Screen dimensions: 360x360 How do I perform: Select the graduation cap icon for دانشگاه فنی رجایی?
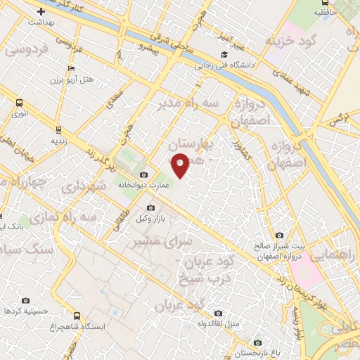click(224, 54)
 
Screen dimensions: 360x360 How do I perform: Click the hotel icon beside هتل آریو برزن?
click(70, 68)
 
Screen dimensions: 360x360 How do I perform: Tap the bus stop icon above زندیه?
click(58, 129)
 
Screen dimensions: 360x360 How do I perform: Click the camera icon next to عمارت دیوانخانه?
click(144, 174)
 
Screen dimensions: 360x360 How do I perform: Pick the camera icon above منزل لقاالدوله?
click(218, 313)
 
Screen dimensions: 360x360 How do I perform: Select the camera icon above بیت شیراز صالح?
click(280, 236)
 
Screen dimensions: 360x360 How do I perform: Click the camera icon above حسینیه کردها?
click(26, 300)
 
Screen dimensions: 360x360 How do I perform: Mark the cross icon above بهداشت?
click(41, 11)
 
